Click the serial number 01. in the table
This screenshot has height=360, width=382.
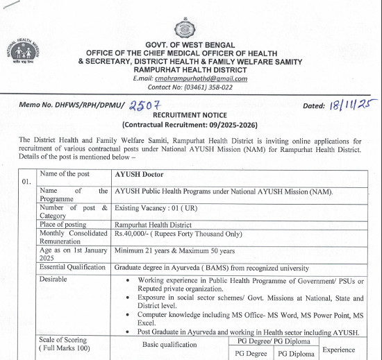pos(27,181)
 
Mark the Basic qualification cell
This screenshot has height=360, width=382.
pos(171,344)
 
